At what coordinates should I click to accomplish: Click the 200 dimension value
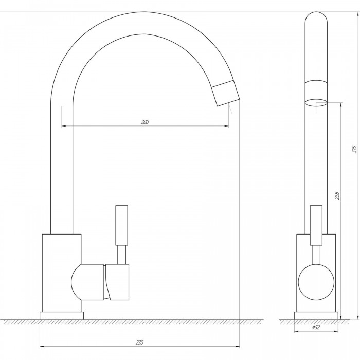pyautogui.click(x=145, y=122)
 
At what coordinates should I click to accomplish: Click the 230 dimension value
pyautogui.click(x=139, y=343)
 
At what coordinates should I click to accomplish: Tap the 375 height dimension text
pyautogui.click(x=354, y=149)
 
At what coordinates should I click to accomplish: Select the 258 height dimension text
pyautogui.click(x=337, y=195)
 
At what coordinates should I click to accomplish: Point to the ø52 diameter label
pyautogui.click(x=316, y=327)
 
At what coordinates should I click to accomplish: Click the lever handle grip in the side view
pyautogui.click(x=122, y=225)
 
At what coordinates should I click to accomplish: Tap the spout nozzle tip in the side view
pyautogui.click(x=225, y=94)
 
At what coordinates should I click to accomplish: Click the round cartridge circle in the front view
pyautogui.click(x=316, y=282)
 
